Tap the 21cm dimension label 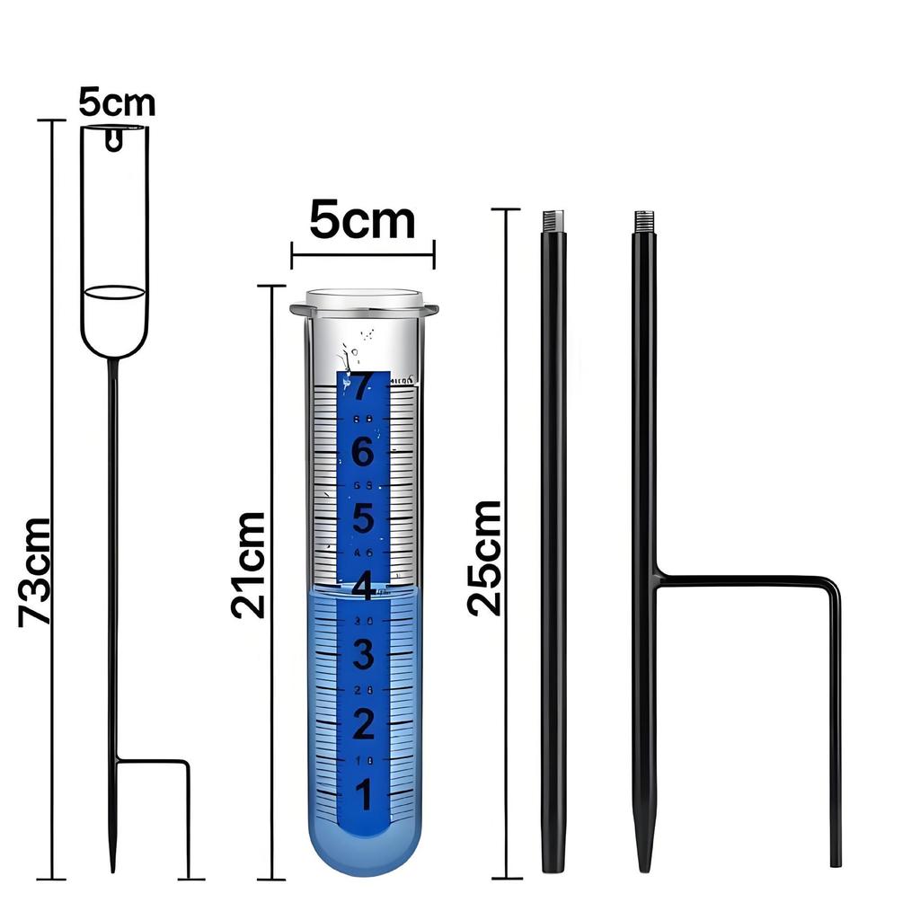click(x=248, y=564)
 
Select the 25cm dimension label click(x=485, y=557)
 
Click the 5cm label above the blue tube click(x=362, y=220)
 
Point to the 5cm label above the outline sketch click(x=116, y=102)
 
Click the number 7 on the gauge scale click(x=362, y=387)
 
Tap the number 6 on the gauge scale click(x=362, y=453)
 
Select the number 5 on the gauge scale click(x=362, y=519)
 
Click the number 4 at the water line click(x=362, y=588)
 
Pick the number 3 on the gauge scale click(x=362, y=655)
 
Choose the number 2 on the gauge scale click(x=362, y=724)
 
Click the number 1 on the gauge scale click(x=362, y=794)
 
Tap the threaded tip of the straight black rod click(x=553, y=220)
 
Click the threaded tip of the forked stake click(x=643, y=220)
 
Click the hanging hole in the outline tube click(x=113, y=139)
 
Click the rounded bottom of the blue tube click(x=364, y=858)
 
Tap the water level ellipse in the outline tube click(x=113, y=292)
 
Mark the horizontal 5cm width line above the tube click(x=362, y=254)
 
